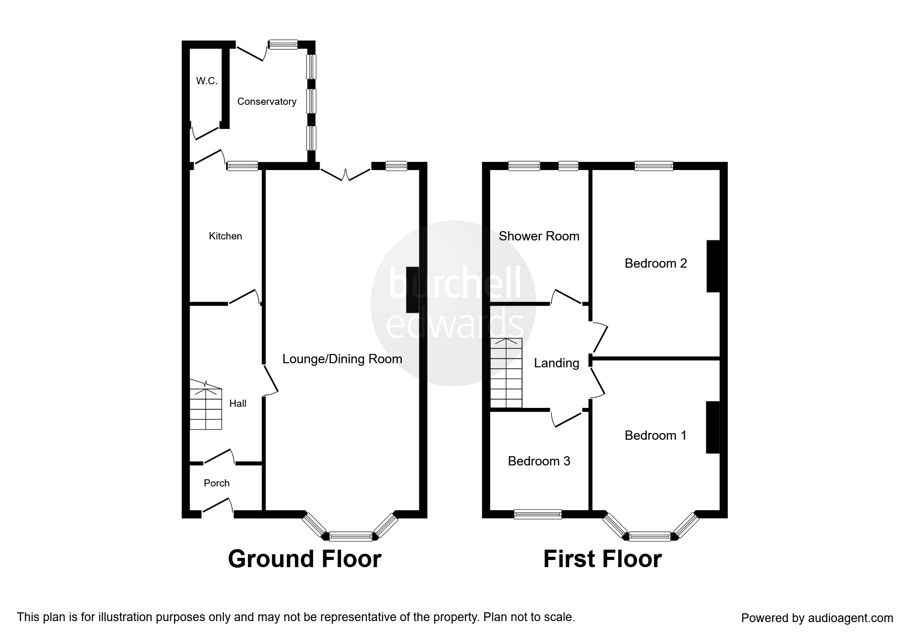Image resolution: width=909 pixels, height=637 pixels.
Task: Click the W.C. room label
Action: [x=207, y=81]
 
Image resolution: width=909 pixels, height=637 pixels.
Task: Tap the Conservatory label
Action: [x=266, y=102]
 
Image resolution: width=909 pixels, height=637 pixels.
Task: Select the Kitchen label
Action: [x=225, y=236]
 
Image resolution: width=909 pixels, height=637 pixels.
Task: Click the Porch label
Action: [x=217, y=483]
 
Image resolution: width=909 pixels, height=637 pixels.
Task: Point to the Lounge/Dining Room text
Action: [x=342, y=359]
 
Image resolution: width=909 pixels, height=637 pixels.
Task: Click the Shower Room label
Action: [x=539, y=236]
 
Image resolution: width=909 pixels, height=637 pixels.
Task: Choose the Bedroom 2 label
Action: [x=655, y=264]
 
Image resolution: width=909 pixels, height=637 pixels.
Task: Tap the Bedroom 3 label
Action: [x=539, y=461]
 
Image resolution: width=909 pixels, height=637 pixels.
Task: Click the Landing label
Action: [x=556, y=363]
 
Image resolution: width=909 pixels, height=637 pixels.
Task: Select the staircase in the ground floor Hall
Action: [x=206, y=406]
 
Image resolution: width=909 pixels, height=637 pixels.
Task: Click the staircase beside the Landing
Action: [x=506, y=372]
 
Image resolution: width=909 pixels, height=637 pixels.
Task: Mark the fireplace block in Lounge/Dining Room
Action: [x=412, y=290]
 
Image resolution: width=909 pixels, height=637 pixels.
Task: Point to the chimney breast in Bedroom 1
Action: [x=712, y=427]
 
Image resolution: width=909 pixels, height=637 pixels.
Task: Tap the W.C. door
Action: [x=205, y=133]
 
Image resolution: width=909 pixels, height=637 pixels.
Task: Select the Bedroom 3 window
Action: [x=538, y=514]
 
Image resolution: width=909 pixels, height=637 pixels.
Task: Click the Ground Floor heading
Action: [x=304, y=559]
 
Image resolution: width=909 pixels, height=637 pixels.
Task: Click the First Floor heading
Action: [x=602, y=559]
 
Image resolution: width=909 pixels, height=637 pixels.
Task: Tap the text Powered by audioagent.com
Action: [x=817, y=618]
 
